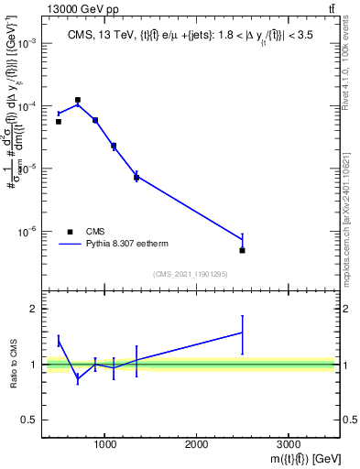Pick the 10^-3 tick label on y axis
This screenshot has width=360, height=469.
coord(27,44)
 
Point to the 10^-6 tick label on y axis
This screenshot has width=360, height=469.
coord(27,232)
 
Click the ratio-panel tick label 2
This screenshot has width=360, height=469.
coord(33,309)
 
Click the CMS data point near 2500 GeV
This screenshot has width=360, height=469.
coord(242,250)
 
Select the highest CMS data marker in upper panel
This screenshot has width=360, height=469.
coord(77,100)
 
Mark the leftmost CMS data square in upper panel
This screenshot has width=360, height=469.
coord(59,121)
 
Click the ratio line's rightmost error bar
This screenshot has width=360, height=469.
coord(242,334)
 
